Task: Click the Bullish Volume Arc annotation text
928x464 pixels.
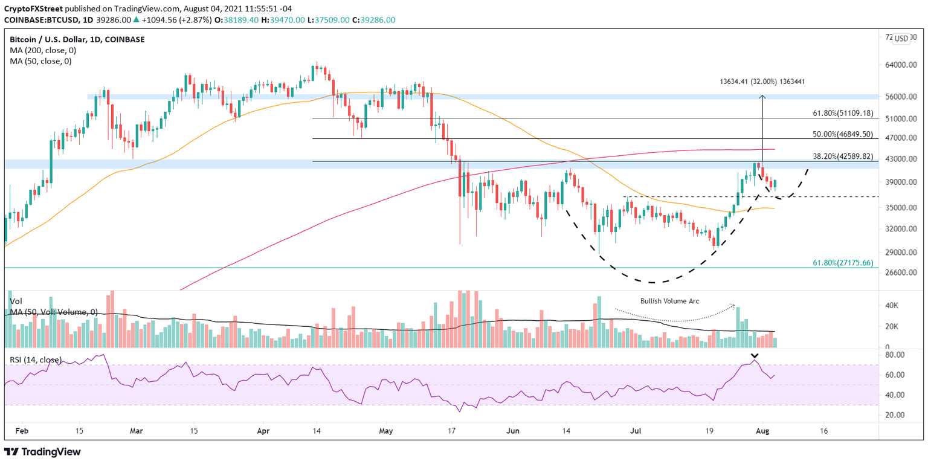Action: pyautogui.click(x=669, y=300)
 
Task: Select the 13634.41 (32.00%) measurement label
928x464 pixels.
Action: pyautogui.click(x=762, y=82)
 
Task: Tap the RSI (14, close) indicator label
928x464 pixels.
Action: pyautogui.click(x=35, y=359)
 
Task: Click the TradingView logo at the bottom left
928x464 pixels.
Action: pyautogui.click(x=42, y=451)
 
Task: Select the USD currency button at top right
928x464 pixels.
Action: pyautogui.click(x=901, y=39)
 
